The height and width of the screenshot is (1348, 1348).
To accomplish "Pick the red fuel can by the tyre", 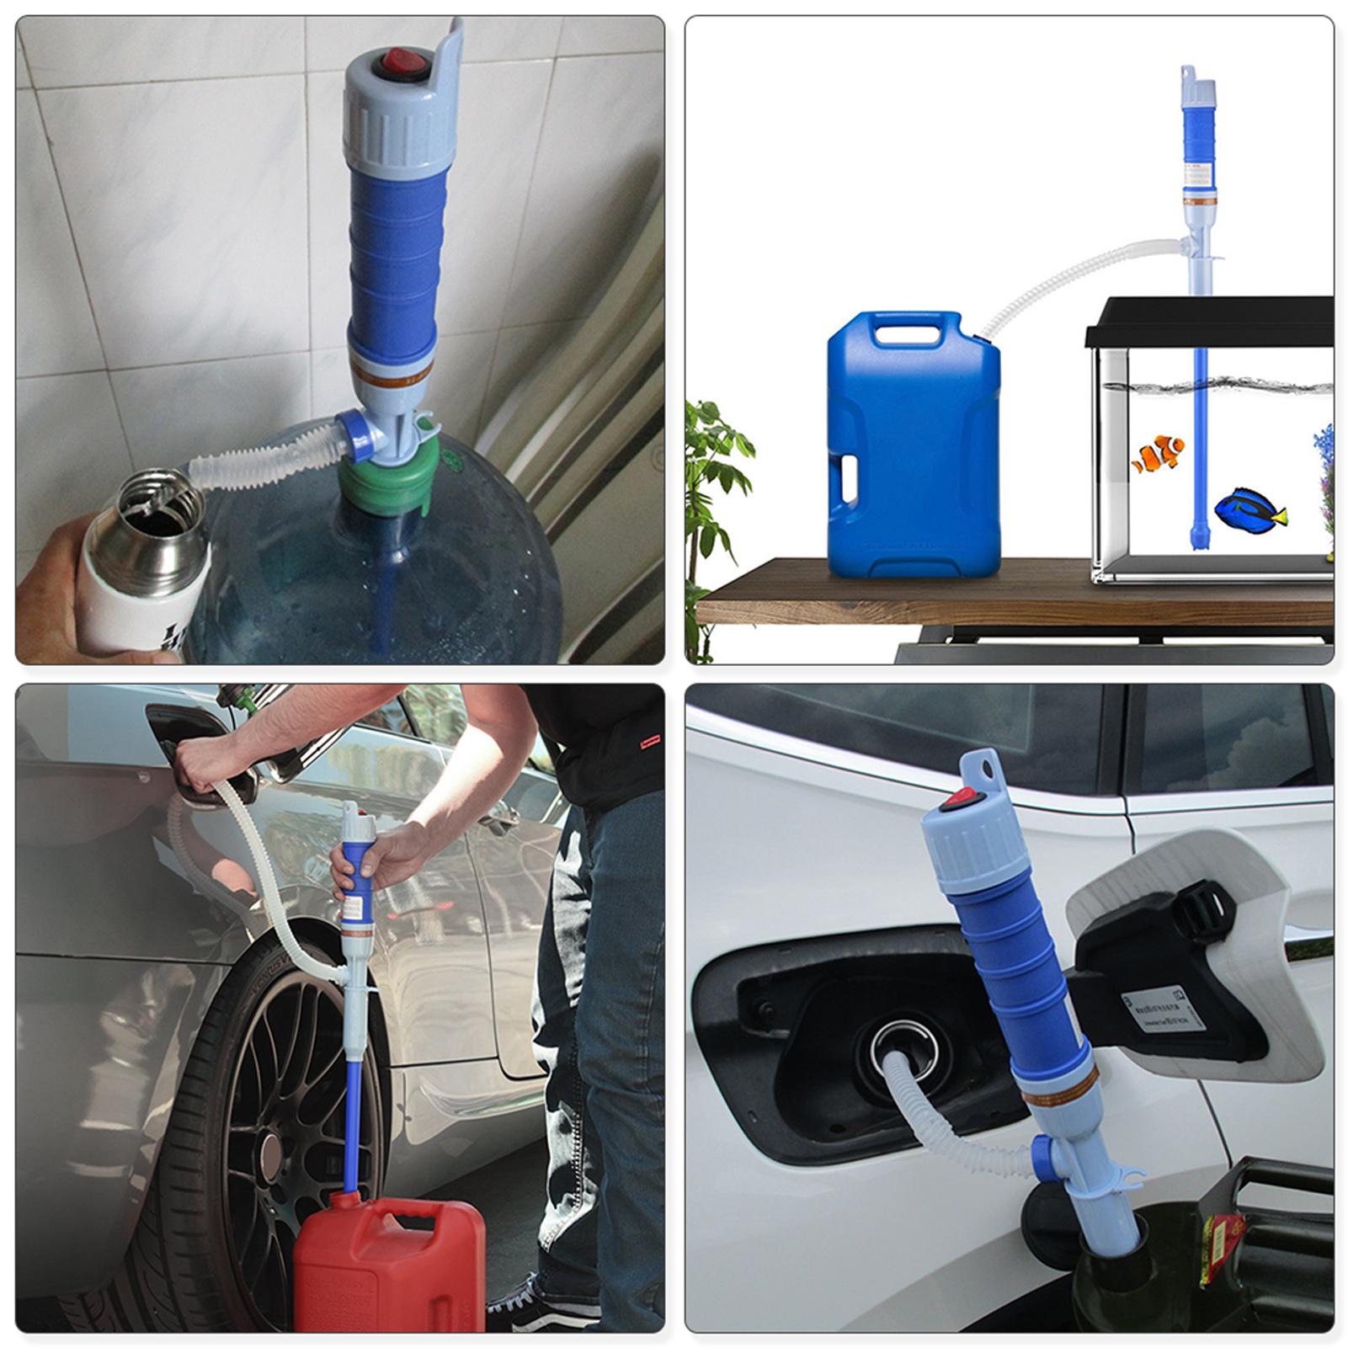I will [x=387, y=1263].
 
